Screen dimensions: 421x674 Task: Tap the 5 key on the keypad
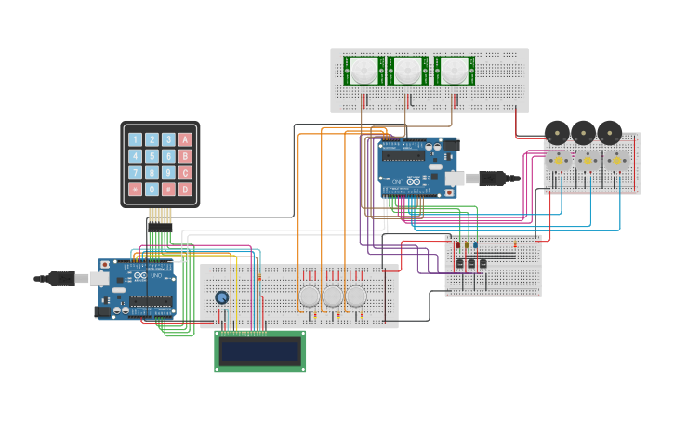152,156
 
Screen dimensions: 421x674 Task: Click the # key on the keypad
168,189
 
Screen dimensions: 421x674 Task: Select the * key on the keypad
135,189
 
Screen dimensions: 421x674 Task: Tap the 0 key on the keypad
152,189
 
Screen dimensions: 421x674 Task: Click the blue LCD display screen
259,350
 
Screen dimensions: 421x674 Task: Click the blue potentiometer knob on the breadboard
222,297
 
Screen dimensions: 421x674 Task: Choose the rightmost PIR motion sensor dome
452,70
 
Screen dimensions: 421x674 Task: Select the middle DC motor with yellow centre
588,161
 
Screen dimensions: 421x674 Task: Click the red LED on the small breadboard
457,244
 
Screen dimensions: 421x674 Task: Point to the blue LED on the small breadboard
475,244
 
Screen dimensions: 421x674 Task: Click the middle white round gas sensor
333,296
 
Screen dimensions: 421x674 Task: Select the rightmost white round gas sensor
356,296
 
